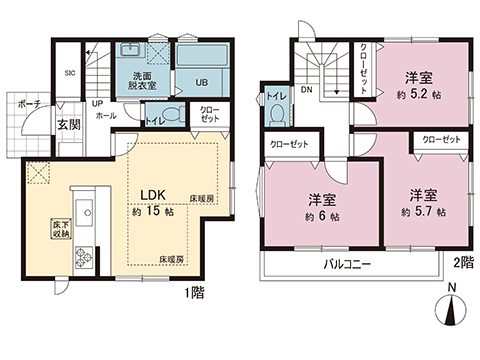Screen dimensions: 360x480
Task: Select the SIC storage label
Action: point(69,72)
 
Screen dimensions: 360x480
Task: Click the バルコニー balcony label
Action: point(350,266)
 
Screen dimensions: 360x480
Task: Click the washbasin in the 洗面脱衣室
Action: point(130,52)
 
